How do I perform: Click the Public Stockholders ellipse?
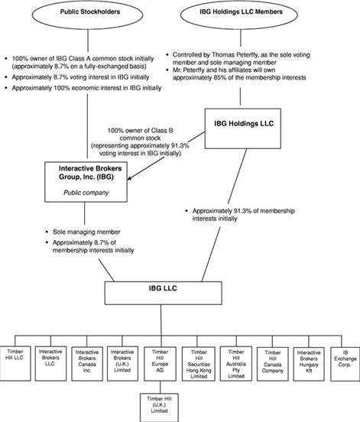tap(87, 15)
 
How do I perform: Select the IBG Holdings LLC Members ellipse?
tap(239, 15)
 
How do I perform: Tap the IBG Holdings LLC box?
tap(243, 128)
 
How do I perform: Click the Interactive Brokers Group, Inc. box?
tap(86, 182)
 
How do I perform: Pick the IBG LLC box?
tap(163, 293)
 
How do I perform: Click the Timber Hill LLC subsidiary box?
tap(15, 363)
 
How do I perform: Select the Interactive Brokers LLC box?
tap(50, 364)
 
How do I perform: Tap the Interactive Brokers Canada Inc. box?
tap(87, 364)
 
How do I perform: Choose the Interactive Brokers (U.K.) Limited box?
tap(122, 364)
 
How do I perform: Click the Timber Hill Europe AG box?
tap(160, 364)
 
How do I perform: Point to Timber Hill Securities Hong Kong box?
tap(199, 364)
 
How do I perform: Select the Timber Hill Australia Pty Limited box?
tap(236, 364)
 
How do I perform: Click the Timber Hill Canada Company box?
tap(273, 364)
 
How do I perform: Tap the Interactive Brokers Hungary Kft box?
tap(309, 364)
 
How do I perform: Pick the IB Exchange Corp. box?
tap(345, 364)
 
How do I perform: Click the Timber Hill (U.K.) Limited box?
tap(159, 407)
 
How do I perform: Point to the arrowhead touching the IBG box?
tap(130, 178)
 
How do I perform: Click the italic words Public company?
tap(86, 193)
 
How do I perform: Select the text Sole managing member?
tap(86, 232)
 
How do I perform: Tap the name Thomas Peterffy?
tap(232, 55)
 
